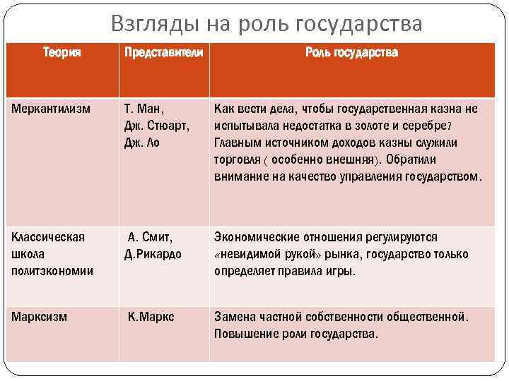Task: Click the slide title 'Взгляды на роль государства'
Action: point(267,24)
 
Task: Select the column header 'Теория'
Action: point(62,53)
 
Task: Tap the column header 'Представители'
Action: point(163,53)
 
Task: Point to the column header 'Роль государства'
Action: point(351,53)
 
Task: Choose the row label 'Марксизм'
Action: point(39,317)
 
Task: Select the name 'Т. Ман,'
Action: point(144,109)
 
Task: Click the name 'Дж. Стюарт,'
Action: point(155,126)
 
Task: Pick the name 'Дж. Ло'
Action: point(141,143)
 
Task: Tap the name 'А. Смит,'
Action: point(150,237)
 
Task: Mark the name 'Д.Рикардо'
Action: point(153,254)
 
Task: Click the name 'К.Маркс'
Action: point(151,317)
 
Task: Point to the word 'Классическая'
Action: point(48,237)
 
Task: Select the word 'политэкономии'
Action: point(52,271)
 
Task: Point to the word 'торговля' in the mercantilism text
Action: point(236,159)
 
